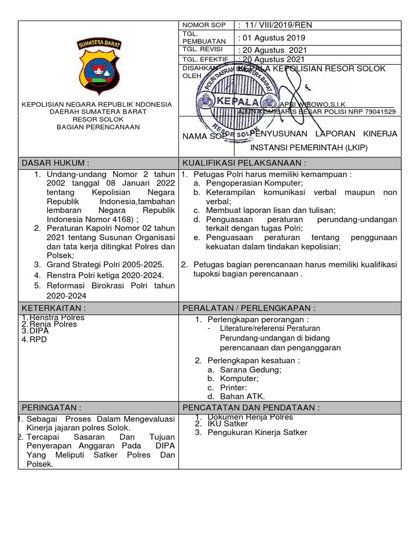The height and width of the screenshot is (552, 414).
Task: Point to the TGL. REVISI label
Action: click(x=203, y=49)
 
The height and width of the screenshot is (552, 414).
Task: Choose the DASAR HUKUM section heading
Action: click(x=55, y=163)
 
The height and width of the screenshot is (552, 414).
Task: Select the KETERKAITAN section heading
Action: click(x=53, y=308)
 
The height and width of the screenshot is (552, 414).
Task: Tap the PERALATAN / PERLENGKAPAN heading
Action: click(x=249, y=308)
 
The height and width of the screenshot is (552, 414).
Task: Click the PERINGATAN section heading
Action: click(x=51, y=407)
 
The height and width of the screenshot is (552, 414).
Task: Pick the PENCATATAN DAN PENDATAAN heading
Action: click(x=251, y=407)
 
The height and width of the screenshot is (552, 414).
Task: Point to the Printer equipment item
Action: click(x=233, y=388)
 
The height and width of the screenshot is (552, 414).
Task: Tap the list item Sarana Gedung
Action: click(x=250, y=370)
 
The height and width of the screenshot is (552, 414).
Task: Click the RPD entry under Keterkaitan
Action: click(x=34, y=340)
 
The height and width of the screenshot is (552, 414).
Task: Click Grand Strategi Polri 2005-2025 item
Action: click(x=105, y=264)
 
